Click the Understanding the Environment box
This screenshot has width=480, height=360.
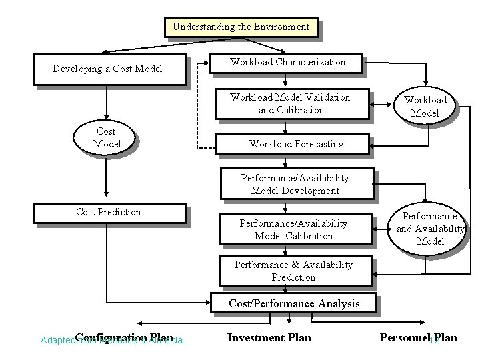pyautogui.click(x=241, y=27)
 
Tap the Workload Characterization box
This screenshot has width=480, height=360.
pyautogui.click(x=287, y=62)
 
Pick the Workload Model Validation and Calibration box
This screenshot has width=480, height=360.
pyautogui.click(x=289, y=103)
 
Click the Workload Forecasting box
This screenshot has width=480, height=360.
pyautogui.click(x=296, y=143)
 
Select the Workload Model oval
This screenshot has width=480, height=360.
pyautogui.click(x=425, y=107)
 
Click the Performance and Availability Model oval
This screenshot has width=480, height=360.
pyautogui.click(x=430, y=229)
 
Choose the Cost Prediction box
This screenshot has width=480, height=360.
pyautogui.click(x=109, y=213)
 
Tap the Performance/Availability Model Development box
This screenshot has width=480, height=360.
pyautogui.click(x=295, y=185)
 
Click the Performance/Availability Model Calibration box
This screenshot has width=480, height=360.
pyautogui.click(x=294, y=230)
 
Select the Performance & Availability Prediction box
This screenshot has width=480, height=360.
pyautogui.click(x=293, y=271)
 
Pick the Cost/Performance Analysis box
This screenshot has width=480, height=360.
pyautogui.click(x=294, y=303)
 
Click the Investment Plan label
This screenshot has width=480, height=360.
pyautogui.click(x=269, y=337)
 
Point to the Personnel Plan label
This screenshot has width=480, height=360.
pyautogui.click(x=418, y=337)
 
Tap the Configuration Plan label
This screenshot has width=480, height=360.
pyautogui.click(x=124, y=337)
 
